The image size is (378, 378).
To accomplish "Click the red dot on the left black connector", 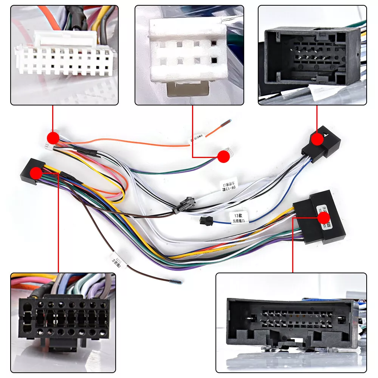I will pos(36,173).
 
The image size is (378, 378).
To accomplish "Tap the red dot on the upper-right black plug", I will pos(318,139).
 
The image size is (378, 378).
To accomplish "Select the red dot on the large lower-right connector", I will pos(324,218).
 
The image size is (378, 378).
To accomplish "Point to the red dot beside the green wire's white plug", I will pos(224,156).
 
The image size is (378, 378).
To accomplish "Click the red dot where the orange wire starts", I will pos(53,138).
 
